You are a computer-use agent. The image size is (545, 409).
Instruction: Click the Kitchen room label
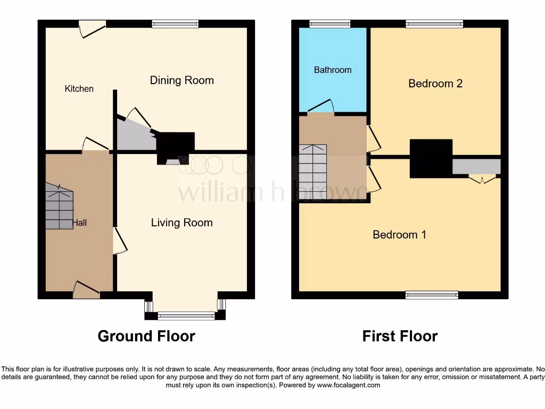[x=79, y=89]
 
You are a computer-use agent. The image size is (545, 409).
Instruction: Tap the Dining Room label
[x=181, y=80]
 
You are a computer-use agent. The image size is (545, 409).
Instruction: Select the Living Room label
[x=181, y=223]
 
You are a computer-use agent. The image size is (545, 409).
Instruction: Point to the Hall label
[x=80, y=223]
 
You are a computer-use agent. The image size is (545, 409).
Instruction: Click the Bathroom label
[x=333, y=70]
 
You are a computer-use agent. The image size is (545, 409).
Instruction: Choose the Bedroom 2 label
[x=435, y=83]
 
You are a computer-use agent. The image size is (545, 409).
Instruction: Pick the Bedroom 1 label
[x=399, y=234]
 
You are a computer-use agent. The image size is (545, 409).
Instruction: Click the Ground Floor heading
[x=146, y=336]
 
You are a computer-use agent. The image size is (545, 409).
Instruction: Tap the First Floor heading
[x=400, y=336]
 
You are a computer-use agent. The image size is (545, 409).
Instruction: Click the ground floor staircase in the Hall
[x=59, y=208]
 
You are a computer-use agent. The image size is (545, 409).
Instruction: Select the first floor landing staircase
[x=312, y=173]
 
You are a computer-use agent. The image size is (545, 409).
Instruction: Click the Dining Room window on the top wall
[x=175, y=23]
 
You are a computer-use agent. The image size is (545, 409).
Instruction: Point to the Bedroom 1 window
[x=432, y=295]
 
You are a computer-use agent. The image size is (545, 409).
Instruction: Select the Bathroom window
[x=330, y=23]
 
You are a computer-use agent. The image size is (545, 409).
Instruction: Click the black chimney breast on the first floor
[x=431, y=158]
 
